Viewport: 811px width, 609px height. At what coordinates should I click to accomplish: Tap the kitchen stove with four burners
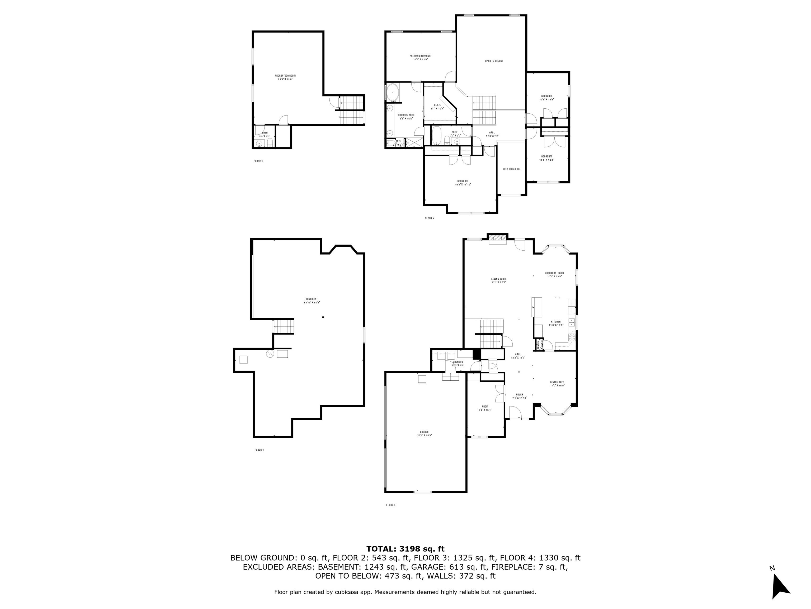[572, 337]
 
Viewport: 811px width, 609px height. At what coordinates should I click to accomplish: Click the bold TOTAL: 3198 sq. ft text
[405, 549]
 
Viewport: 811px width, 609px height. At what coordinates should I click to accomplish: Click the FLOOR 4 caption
[429, 218]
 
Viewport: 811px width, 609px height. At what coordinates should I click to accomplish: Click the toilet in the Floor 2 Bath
[270, 142]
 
